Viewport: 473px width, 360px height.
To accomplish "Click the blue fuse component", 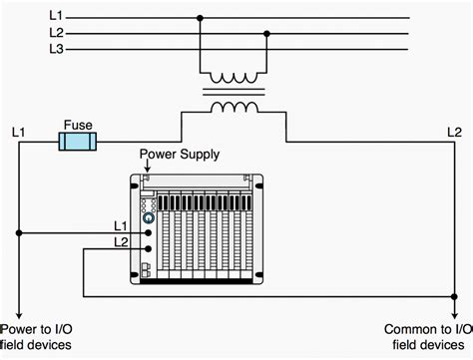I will pyautogui.click(x=78, y=143).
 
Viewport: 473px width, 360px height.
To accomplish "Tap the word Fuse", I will pyautogui.click(x=78, y=127).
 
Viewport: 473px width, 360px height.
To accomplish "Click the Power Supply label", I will pyautogui.click(x=179, y=156).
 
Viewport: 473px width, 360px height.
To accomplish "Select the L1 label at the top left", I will pyautogui.click(x=57, y=17).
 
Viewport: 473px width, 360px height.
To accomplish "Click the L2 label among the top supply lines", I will pyautogui.click(x=57, y=32).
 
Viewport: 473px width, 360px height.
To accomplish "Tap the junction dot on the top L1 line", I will pyautogui.click(x=201, y=17).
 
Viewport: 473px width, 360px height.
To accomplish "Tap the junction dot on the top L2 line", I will pyautogui.click(x=265, y=33).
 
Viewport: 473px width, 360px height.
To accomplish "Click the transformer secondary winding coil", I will pyautogui.click(x=233, y=106).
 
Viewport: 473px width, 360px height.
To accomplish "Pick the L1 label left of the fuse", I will pyautogui.click(x=18, y=132).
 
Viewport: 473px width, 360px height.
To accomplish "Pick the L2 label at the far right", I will pyautogui.click(x=453, y=132).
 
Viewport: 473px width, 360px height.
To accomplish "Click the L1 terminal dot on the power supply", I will pyautogui.click(x=149, y=231).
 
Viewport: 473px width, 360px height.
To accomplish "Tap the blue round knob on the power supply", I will pyautogui.click(x=149, y=216).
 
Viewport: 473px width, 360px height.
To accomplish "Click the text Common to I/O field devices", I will pyautogui.click(x=427, y=336).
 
